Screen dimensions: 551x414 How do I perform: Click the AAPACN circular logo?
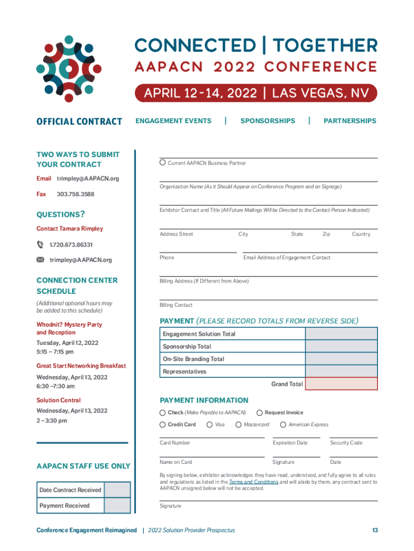click(x=69, y=68)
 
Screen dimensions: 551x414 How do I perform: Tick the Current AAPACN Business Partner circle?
click(x=162, y=163)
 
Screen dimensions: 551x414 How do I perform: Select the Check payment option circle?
click(x=162, y=413)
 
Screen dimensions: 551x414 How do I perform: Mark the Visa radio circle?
click(x=209, y=425)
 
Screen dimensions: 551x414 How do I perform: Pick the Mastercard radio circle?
click(x=238, y=425)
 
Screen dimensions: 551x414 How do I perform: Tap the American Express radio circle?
click(x=283, y=425)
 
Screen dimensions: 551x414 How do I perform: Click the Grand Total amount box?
click(x=341, y=384)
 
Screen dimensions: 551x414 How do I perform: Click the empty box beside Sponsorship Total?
click(x=341, y=347)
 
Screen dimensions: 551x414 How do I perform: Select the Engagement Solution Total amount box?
click(x=341, y=334)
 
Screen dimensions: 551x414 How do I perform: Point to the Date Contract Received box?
click(x=117, y=490)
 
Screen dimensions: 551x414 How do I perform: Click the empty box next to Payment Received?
click(x=117, y=506)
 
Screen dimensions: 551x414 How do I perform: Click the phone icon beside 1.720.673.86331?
click(x=40, y=244)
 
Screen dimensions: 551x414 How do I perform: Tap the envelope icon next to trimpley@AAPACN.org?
click(x=40, y=260)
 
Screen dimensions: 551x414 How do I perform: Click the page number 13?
click(x=374, y=531)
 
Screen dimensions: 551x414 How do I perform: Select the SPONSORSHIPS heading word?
click(x=267, y=121)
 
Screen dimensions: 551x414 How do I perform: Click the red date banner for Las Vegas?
click(x=256, y=93)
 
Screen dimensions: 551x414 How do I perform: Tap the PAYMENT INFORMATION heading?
click(x=204, y=400)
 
